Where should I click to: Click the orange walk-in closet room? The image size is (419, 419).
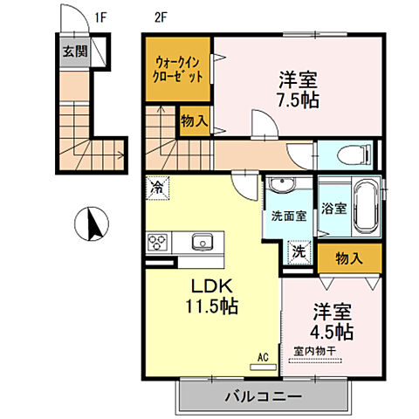(178, 68)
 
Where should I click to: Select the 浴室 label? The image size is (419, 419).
(332, 209)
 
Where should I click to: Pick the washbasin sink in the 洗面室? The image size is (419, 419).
(282, 186)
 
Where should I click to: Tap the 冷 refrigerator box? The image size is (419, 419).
(157, 186)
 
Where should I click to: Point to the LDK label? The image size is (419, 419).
(209, 285)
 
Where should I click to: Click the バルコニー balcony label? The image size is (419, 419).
(266, 396)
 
